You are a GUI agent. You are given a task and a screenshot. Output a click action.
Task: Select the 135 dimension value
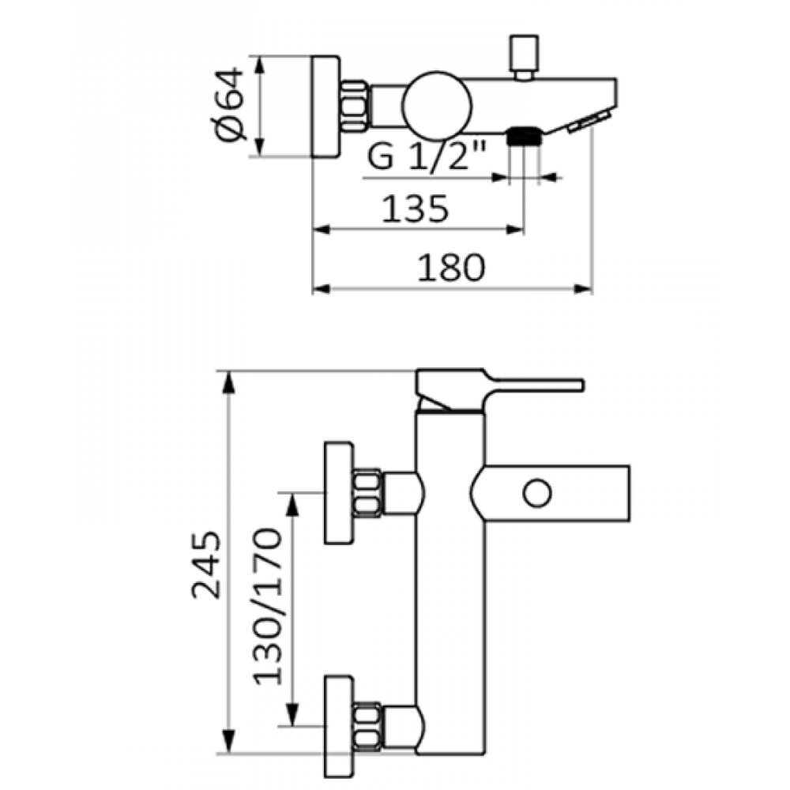click(x=415, y=209)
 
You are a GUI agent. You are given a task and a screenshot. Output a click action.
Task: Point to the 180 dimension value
click(x=451, y=268)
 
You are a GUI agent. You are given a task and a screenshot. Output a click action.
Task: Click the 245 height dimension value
click(x=206, y=564)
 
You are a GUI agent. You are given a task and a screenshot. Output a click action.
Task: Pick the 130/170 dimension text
click(x=268, y=606)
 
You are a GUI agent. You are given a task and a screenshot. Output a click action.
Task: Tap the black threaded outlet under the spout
click(x=524, y=136)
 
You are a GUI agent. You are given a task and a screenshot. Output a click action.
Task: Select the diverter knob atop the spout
click(x=524, y=57)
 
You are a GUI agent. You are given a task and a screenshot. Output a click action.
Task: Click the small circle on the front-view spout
click(x=537, y=493)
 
